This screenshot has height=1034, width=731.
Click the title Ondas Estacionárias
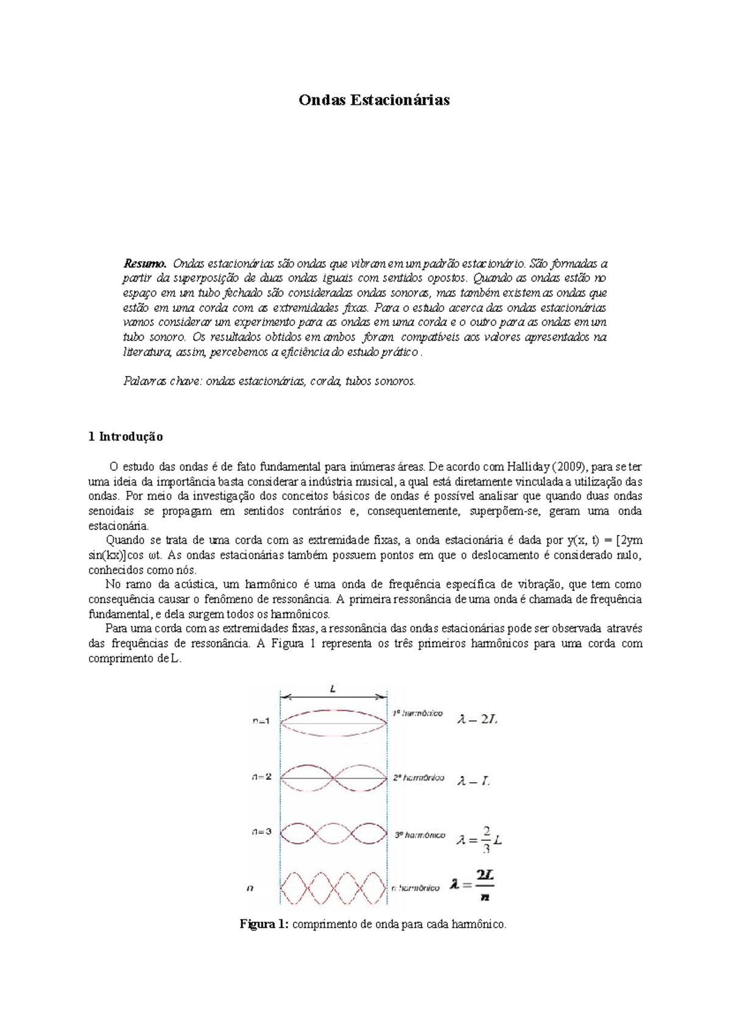click(373, 100)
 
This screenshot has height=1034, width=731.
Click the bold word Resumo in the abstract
click(144, 264)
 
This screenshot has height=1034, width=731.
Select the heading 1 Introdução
click(125, 437)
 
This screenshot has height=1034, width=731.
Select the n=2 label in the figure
click(263, 777)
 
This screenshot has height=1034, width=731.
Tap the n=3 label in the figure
click(262, 832)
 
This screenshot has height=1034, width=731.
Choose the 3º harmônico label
click(420, 835)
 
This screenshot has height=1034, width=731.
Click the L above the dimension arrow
click(333, 689)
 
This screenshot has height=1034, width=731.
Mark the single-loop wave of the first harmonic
click(333, 723)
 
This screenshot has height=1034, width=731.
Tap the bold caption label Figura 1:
click(264, 924)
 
